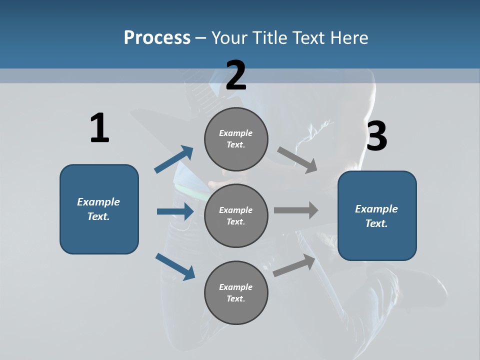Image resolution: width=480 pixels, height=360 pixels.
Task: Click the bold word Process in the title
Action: click(157, 38)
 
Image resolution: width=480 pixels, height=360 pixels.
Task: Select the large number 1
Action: click(99, 128)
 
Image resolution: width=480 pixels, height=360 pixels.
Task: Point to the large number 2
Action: click(236, 75)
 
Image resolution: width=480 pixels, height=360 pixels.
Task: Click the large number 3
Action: click(376, 136)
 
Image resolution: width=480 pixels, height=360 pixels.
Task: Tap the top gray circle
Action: click(236, 139)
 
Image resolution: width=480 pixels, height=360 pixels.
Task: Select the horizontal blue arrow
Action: click(175, 211)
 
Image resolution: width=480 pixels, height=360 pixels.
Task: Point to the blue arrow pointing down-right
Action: click(175, 266)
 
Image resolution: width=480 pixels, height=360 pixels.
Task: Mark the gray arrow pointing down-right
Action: click(297, 160)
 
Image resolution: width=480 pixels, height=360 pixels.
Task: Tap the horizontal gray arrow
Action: click(295, 210)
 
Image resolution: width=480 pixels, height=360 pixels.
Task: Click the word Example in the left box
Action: click(98, 202)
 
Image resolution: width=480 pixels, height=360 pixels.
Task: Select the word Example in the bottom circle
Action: click(235, 287)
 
